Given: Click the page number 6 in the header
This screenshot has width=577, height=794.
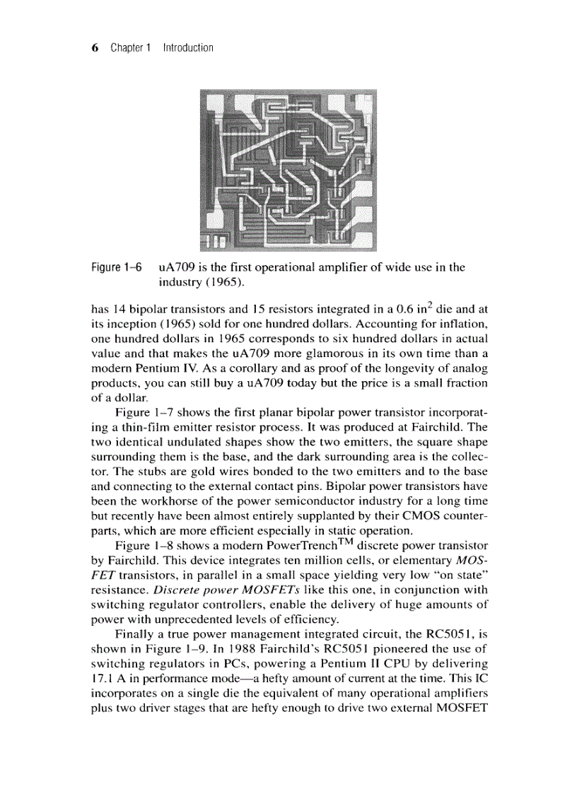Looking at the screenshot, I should tap(95, 48).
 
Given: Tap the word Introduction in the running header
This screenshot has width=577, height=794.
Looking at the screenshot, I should tap(187, 48).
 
